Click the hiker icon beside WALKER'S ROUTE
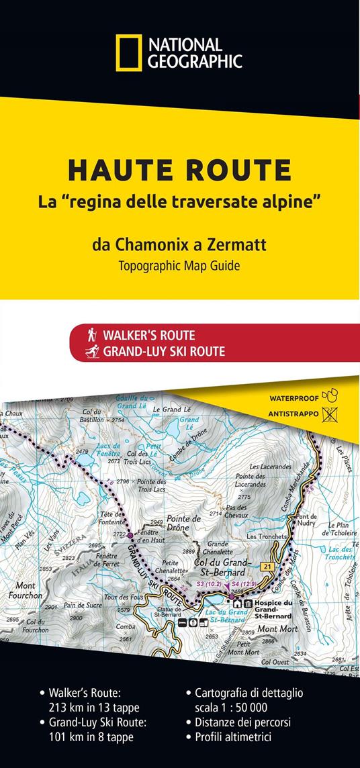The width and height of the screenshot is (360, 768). [x=93, y=334]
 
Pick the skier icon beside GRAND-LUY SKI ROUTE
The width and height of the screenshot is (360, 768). [x=93, y=350]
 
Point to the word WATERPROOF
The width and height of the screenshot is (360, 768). [x=294, y=397]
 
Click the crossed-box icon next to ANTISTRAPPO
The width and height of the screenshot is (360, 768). [x=330, y=414]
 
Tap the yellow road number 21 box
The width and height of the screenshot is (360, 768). [x=266, y=568]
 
